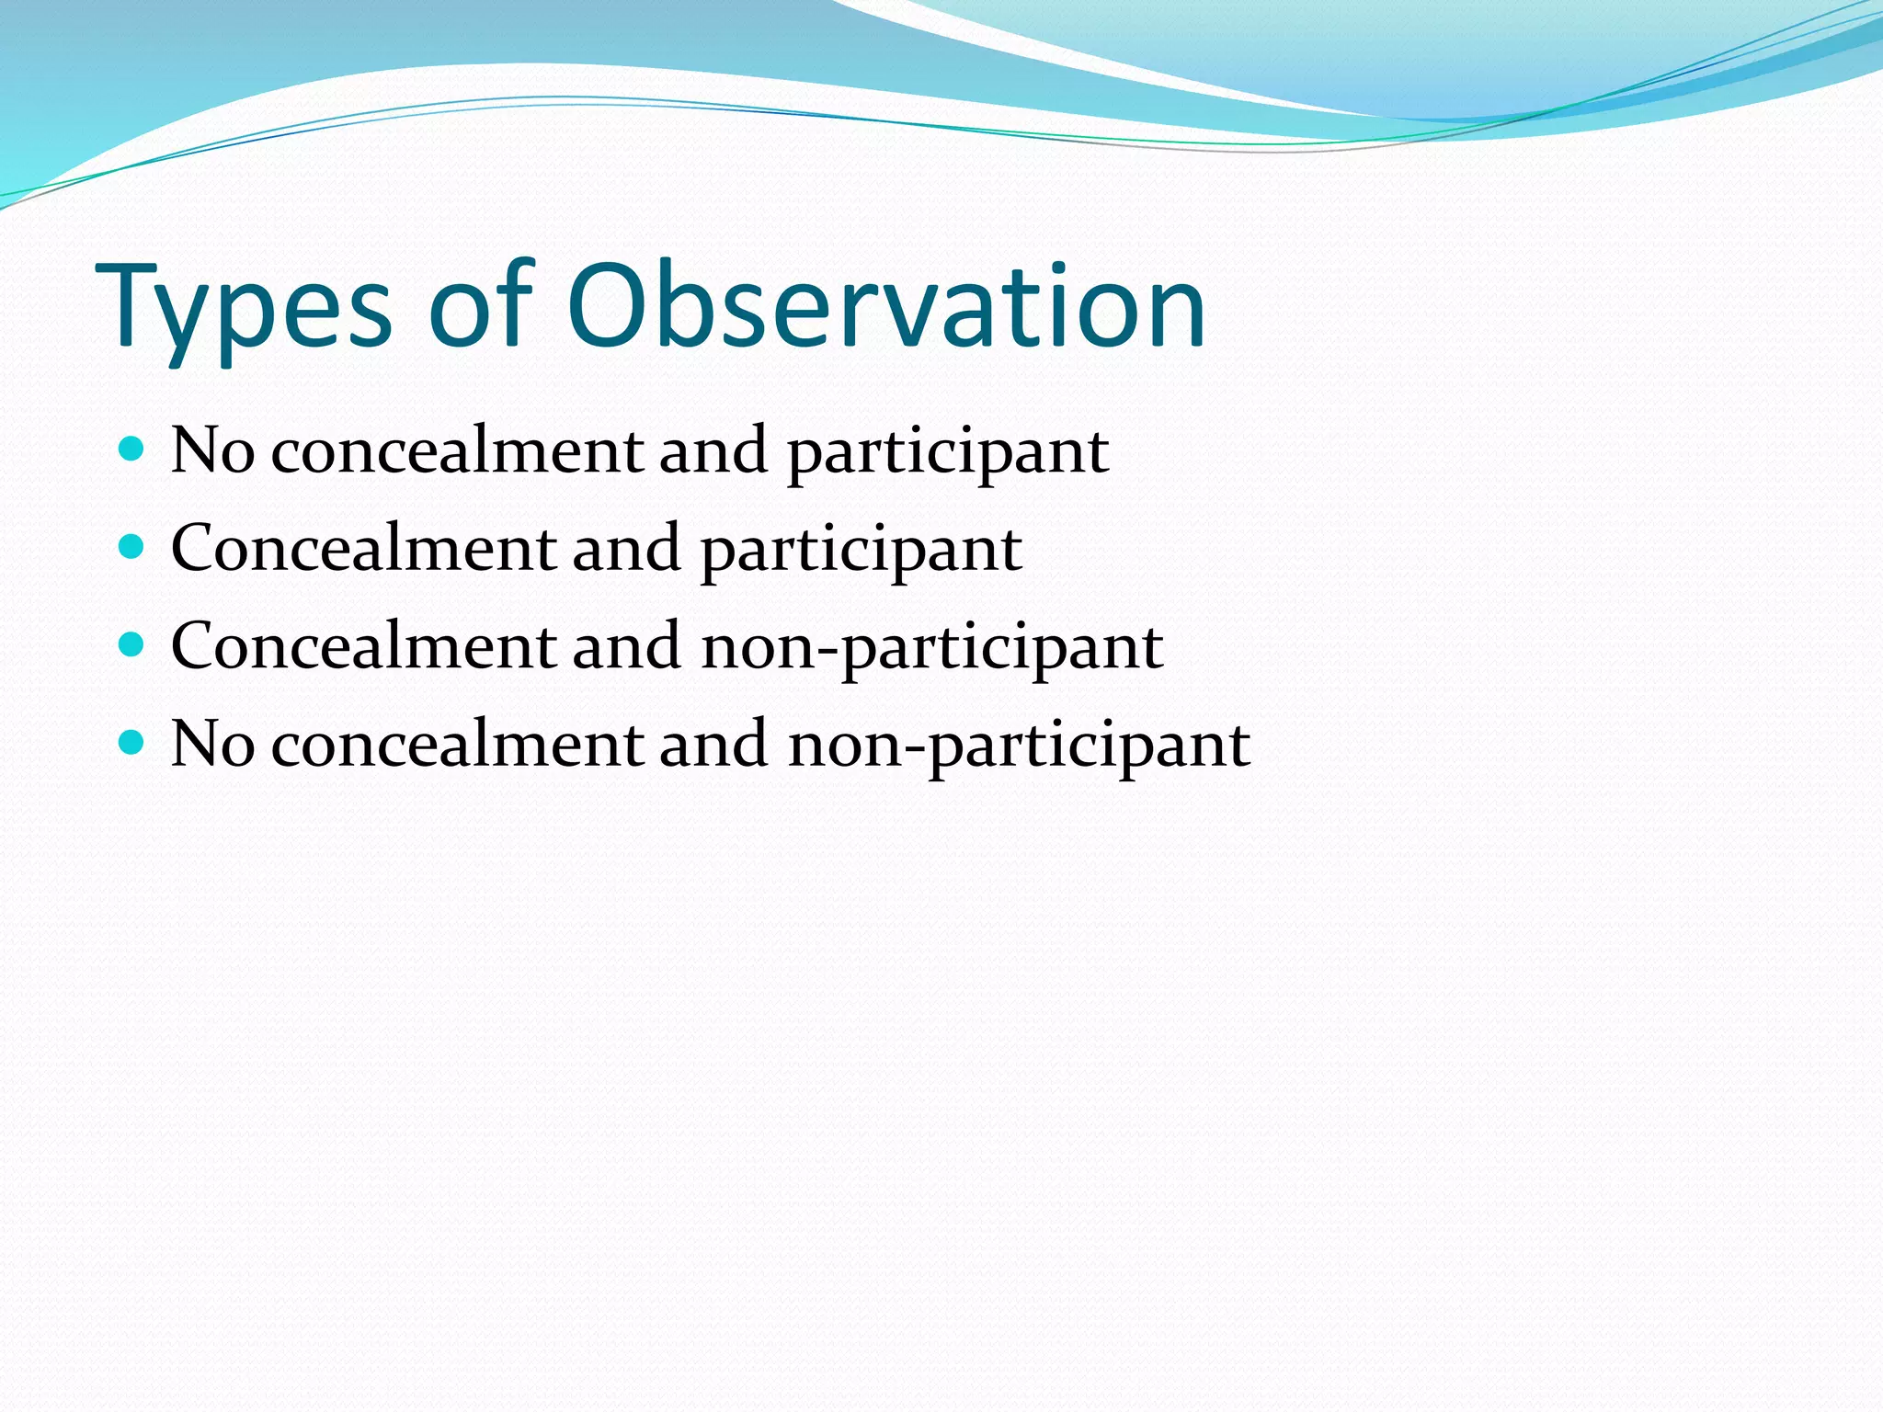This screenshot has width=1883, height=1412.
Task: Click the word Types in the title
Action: pyautogui.click(x=244, y=308)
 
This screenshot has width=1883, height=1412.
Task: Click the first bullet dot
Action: pyautogui.click(x=132, y=450)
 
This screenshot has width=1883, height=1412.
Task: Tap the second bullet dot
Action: pyautogui.click(x=132, y=548)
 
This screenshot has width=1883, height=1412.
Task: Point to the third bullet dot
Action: pyautogui.click(x=132, y=645)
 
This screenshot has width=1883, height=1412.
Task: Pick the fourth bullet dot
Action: pyautogui.click(x=132, y=743)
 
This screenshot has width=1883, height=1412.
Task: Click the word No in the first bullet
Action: pyautogui.click(x=212, y=451)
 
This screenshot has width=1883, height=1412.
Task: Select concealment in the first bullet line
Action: pyautogui.click(x=457, y=451)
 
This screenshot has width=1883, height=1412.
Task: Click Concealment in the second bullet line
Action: pyautogui.click(x=364, y=549)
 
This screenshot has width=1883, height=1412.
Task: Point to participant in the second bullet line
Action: pyautogui.click(x=862, y=552)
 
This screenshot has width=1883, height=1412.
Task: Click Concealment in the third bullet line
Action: pyautogui.click(x=364, y=646)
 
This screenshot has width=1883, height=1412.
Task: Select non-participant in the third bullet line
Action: pyautogui.click(x=932, y=648)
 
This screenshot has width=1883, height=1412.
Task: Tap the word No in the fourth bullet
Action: pyautogui.click(x=212, y=744)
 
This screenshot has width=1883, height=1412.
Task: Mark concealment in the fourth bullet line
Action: pyautogui.click(x=457, y=744)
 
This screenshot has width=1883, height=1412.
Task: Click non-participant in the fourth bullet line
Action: pyautogui.click(x=1019, y=746)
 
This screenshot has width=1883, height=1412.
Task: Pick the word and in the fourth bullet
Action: pyautogui.click(x=713, y=744)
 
